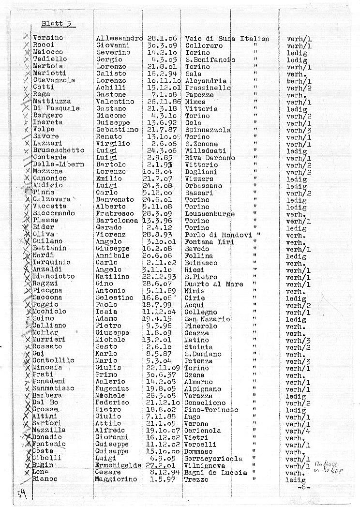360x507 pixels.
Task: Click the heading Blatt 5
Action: tap(58, 23)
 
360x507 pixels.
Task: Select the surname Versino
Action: tap(48, 38)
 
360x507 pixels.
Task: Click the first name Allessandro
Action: tap(119, 38)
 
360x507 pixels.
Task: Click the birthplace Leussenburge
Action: tap(210, 213)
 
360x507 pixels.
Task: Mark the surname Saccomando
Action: tap(54, 213)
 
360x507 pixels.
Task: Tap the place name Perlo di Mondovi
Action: tap(216, 235)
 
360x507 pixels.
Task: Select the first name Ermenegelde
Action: tap(119, 465)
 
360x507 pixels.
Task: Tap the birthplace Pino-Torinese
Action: tap(211, 410)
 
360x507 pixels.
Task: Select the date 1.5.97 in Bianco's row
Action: tap(158, 479)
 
